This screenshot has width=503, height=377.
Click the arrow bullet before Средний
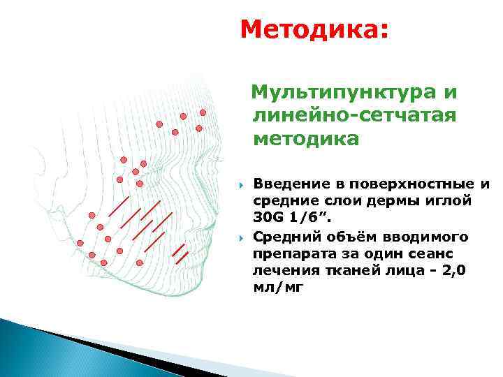coord(240,237)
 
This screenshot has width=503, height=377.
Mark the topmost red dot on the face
coord(203,112)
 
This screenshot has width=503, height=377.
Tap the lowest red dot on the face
coord(139,263)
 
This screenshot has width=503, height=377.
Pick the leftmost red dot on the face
coord(80,243)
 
